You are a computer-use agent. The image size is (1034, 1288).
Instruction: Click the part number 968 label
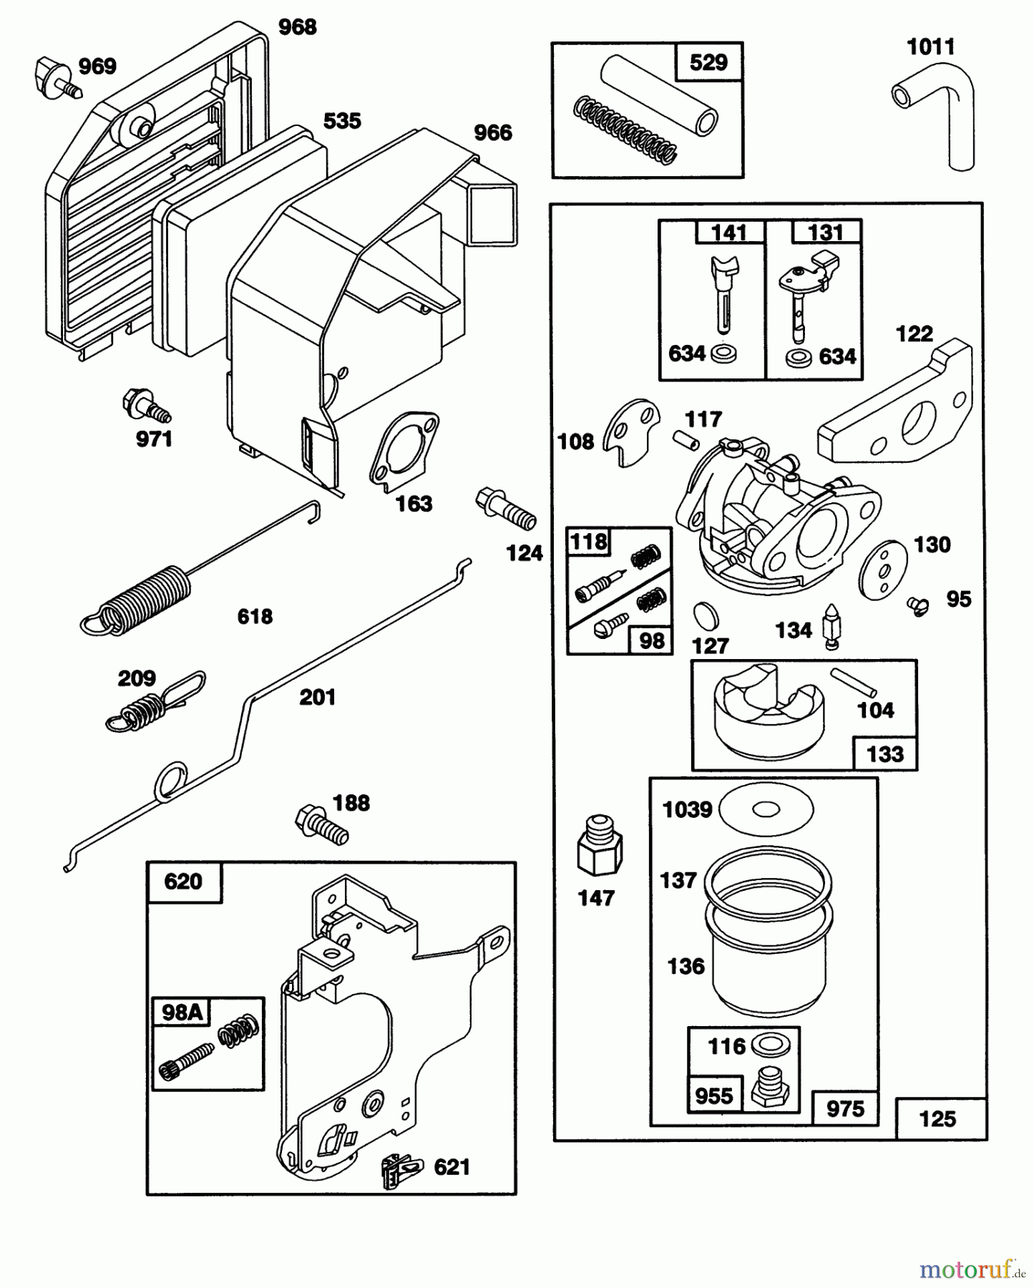[x=297, y=27]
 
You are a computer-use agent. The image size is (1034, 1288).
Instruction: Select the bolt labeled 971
[x=145, y=406]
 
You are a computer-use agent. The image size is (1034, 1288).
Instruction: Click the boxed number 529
[x=708, y=63]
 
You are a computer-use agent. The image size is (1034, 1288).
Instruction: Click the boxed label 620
[x=183, y=882]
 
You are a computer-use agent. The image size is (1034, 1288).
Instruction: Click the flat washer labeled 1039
[x=766, y=810]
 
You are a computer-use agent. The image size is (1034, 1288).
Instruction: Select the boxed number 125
[x=937, y=1118]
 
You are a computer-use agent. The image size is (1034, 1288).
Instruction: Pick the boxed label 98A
[x=181, y=1012]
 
